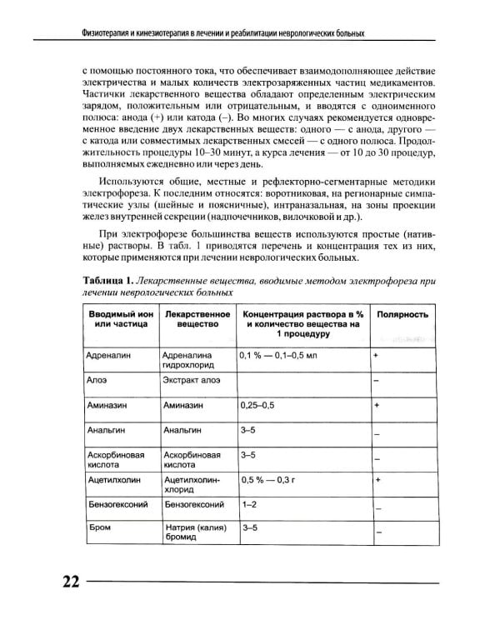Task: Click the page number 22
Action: [65, 582]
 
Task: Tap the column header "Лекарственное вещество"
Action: [197, 322]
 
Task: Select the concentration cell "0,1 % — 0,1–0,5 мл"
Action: [279, 355]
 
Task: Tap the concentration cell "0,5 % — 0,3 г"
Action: [272, 481]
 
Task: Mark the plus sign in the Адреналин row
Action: [377, 355]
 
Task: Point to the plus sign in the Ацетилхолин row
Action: [377, 481]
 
